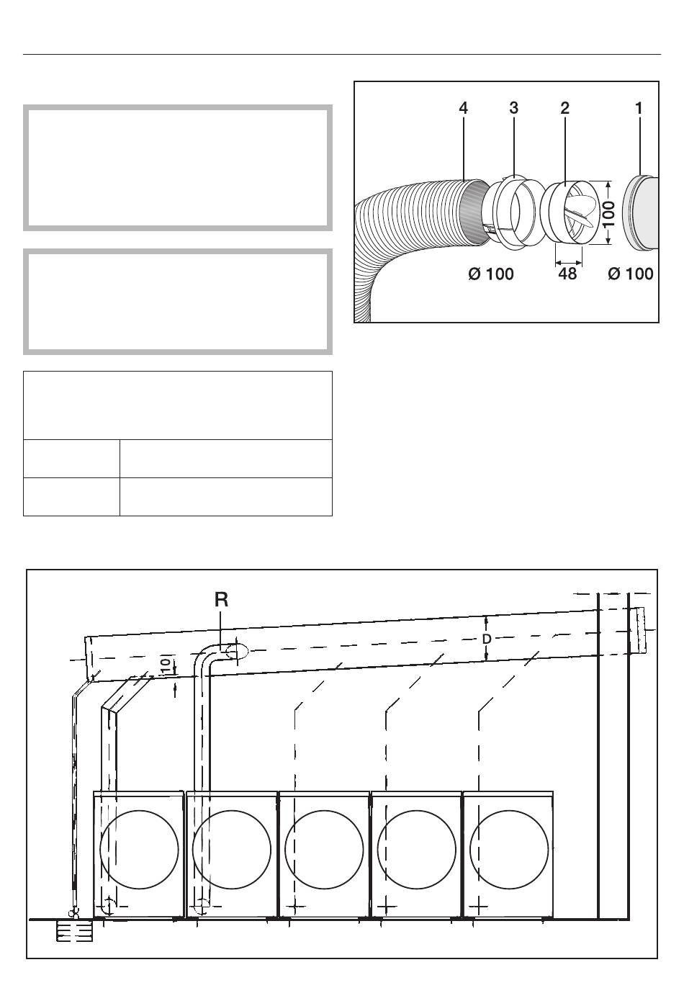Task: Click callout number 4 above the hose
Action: [x=463, y=108]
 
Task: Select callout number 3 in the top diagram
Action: [x=514, y=108]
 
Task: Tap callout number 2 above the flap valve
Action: [x=565, y=108]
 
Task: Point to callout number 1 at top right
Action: [x=639, y=108]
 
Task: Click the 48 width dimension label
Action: [x=567, y=274]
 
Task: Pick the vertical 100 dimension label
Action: [x=609, y=213]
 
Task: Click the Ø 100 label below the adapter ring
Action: [x=491, y=274]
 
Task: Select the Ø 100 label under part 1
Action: [x=631, y=274]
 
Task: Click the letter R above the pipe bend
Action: [x=221, y=599]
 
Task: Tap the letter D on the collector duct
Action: [x=487, y=639]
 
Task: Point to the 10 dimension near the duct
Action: [x=166, y=665]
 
